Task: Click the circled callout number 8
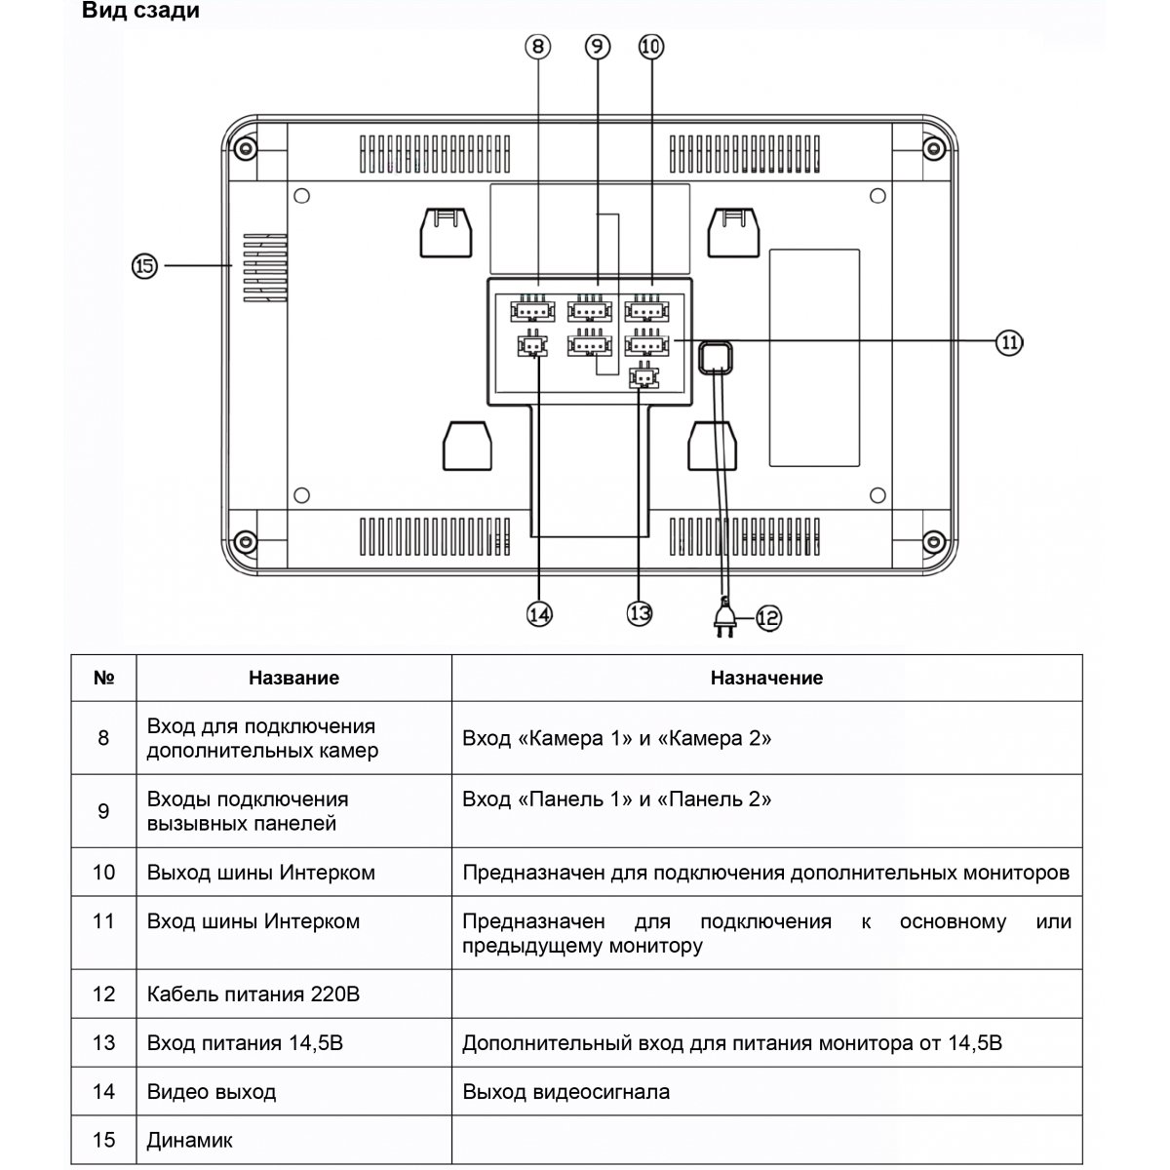[x=538, y=46]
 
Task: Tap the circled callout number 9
[x=597, y=46]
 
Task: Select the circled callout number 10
[x=651, y=46]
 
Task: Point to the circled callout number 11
[x=1009, y=341]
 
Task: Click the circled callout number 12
[x=768, y=616]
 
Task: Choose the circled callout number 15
[x=144, y=265]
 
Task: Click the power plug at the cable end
[x=724, y=619]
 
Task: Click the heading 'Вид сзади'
[x=140, y=12]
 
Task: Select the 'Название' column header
[x=293, y=678]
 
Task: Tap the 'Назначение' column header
[x=766, y=678]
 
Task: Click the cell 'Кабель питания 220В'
[x=253, y=994]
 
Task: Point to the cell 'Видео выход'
[x=212, y=1092]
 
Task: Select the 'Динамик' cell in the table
[x=190, y=1140]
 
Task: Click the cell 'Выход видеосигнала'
[x=565, y=1092]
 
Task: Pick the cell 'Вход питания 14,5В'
[x=245, y=1043]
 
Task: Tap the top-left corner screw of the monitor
[x=243, y=149]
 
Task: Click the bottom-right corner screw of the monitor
[x=933, y=541]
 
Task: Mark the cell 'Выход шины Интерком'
[x=261, y=873]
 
